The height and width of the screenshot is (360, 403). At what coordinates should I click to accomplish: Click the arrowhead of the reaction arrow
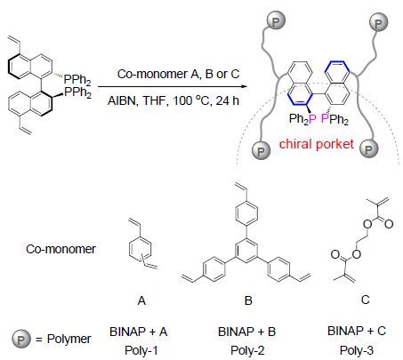coord(245,86)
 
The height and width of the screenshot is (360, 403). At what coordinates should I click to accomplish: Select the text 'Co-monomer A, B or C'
coord(178,74)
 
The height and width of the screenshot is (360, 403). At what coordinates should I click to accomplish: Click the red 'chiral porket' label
coord(317,144)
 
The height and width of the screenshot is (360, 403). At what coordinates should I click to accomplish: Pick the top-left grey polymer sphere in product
coord(276,21)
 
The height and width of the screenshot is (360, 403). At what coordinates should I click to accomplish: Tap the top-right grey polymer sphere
coord(378,23)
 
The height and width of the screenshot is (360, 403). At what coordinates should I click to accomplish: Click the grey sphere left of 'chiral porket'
coord(261,150)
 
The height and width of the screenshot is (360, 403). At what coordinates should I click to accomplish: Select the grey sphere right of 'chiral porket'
coord(368,148)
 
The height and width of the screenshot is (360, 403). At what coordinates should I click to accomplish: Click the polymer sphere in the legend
coord(21,339)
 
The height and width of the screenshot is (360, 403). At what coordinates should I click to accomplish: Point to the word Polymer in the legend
coord(69,340)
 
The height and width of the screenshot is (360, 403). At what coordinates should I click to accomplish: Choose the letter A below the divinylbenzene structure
coord(141,300)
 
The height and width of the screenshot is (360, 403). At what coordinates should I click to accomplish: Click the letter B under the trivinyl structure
coord(248,300)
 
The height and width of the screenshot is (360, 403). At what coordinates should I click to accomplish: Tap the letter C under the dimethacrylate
coord(366,300)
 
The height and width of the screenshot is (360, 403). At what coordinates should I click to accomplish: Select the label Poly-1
coord(141,350)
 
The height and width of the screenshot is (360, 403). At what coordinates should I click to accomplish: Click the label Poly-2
coord(247,350)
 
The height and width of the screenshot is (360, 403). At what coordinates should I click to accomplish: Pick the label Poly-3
coord(357,350)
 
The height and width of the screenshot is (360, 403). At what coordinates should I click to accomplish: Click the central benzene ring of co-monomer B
coord(246,251)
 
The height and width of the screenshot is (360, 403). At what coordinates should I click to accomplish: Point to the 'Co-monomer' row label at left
coord(60,249)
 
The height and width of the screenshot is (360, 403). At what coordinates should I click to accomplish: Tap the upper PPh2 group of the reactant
coord(77,79)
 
